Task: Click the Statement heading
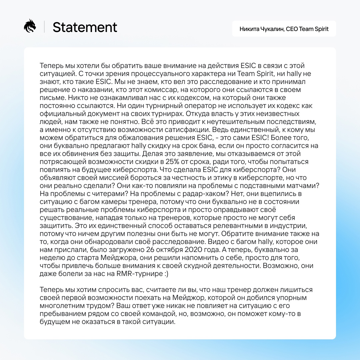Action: tap(85, 27)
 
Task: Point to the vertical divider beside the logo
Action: tap(44, 27)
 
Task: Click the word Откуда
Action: tap(198, 114)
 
